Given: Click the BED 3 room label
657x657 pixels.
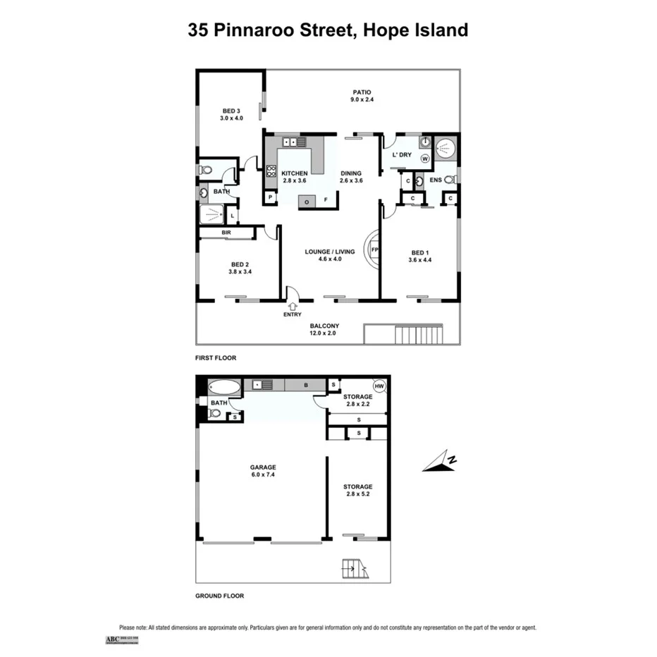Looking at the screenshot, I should coord(231,114).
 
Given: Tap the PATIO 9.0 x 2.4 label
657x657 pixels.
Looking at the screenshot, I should coord(361,96).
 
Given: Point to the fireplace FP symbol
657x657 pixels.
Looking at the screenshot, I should coord(374,250).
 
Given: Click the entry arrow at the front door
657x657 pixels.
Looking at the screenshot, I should coord(293,305).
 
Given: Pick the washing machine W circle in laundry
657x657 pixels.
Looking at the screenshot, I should coord(425,159).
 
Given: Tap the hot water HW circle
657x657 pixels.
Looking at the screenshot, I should coord(379,386).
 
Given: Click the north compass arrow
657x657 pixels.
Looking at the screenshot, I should coord(440,462).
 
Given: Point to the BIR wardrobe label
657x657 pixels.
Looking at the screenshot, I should coord(227,232).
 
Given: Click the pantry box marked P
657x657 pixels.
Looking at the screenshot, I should coord(270,197).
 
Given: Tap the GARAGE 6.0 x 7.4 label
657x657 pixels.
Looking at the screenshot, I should coord(262,471).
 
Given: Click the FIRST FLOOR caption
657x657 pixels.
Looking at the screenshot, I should coord(216,358).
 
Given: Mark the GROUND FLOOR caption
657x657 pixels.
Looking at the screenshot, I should coord(219,596).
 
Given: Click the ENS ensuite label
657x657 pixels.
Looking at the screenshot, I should coord(436,180).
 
